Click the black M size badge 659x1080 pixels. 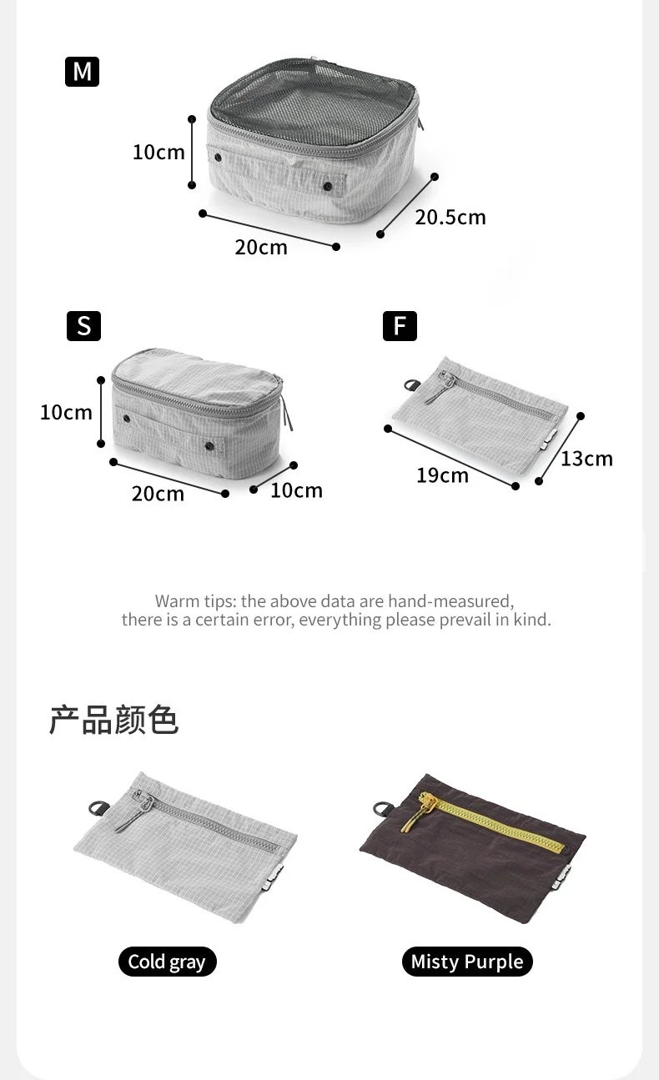(x=82, y=72)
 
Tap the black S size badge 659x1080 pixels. (x=83, y=326)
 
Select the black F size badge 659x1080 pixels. (x=400, y=326)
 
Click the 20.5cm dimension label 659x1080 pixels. (x=450, y=218)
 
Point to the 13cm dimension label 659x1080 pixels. (x=586, y=459)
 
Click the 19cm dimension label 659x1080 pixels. (x=442, y=475)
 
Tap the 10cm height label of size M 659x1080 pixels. (x=158, y=153)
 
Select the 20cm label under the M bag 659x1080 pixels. (x=261, y=248)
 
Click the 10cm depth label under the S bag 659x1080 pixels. (x=296, y=491)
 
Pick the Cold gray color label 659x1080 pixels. (x=167, y=962)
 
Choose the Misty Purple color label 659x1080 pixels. (x=467, y=962)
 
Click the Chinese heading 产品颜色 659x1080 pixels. (x=113, y=720)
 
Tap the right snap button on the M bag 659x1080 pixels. (x=328, y=186)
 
